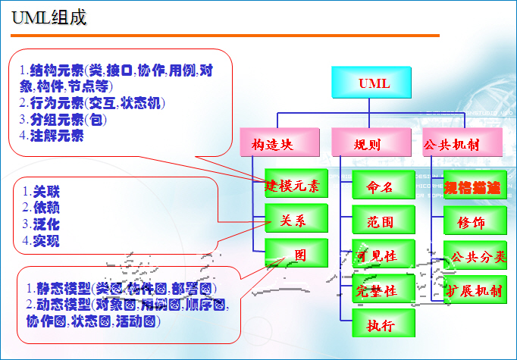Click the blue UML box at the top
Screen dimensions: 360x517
click(x=371, y=83)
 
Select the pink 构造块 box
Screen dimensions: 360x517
click(x=271, y=142)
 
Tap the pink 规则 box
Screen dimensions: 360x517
click(x=367, y=142)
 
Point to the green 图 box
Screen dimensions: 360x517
click(x=296, y=255)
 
